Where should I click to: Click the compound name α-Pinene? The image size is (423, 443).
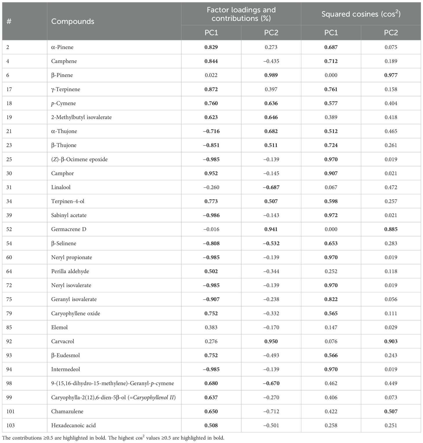(x=62, y=47)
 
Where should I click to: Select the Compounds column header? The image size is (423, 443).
(x=73, y=21)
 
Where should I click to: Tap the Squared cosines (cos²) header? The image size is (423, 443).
(x=361, y=14)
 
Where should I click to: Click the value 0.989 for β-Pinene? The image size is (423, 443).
(x=271, y=75)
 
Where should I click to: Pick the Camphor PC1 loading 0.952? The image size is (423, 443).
(x=211, y=173)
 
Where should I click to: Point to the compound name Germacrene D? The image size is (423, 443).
(x=69, y=229)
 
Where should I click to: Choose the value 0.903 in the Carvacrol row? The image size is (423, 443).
(x=391, y=341)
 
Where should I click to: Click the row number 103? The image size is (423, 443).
(x=10, y=425)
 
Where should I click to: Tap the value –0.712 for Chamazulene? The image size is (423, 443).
(x=271, y=411)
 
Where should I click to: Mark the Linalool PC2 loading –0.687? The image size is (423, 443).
(x=271, y=187)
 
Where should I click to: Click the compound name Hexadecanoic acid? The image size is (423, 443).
(x=73, y=425)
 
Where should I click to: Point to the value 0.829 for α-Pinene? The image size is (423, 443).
(x=211, y=47)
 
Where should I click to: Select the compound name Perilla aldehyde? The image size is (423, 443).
(x=70, y=271)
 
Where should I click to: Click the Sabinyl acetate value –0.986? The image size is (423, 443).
(x=211, y=215)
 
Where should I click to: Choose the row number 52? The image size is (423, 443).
(x=9, y=229)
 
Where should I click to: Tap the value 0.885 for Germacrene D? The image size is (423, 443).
(x=391, y=229)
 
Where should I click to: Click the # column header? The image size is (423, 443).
(x=9, y=21)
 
